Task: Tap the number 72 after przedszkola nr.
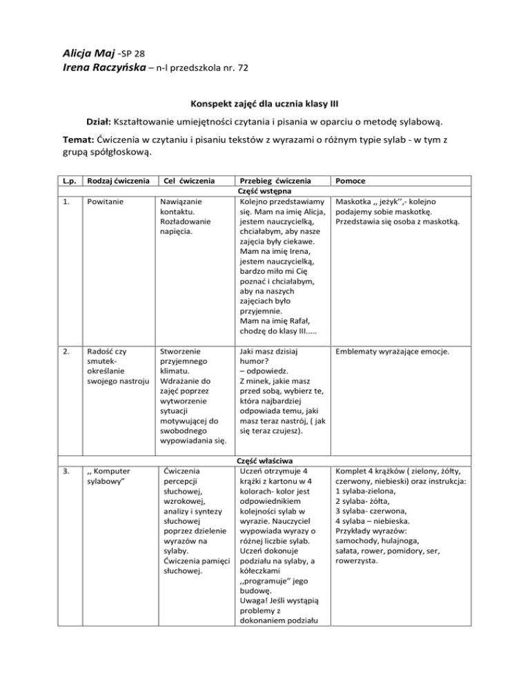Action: point(242,68)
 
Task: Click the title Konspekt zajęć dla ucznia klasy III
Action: point(264,105)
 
